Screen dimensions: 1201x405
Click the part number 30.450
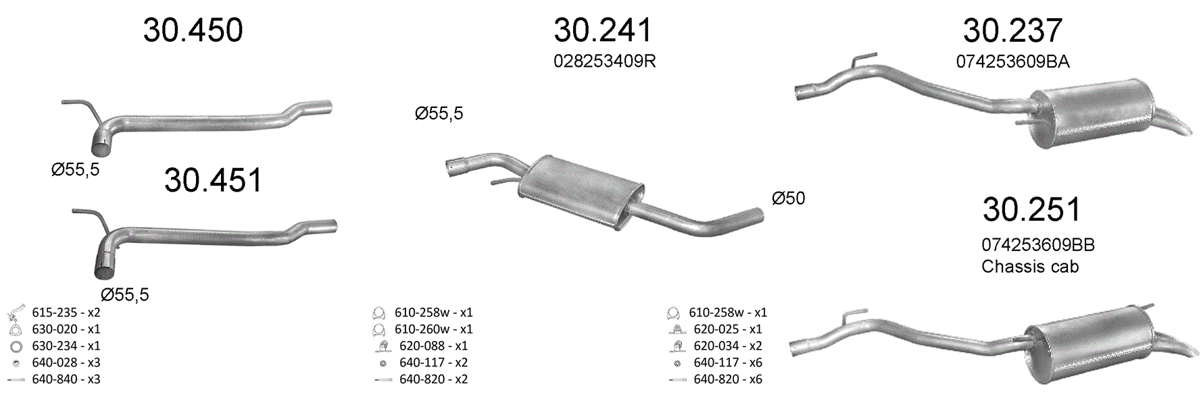(x=193, y=30)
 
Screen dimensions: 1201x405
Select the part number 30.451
(x=213, y=180)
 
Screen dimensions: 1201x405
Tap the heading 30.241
(x=603, y=30)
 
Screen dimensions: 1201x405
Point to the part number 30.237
(x=1012, y=30)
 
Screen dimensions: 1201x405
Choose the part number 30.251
(x=1032, y=209)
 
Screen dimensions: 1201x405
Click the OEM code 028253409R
(x=605, y=61)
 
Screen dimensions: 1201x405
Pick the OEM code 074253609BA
(x=1012, y=62)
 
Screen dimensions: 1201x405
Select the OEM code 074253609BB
(x=1038, y=245)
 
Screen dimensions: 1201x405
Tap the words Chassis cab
(x=1030, y=267)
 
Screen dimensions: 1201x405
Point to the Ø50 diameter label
(x=788, y=198)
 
